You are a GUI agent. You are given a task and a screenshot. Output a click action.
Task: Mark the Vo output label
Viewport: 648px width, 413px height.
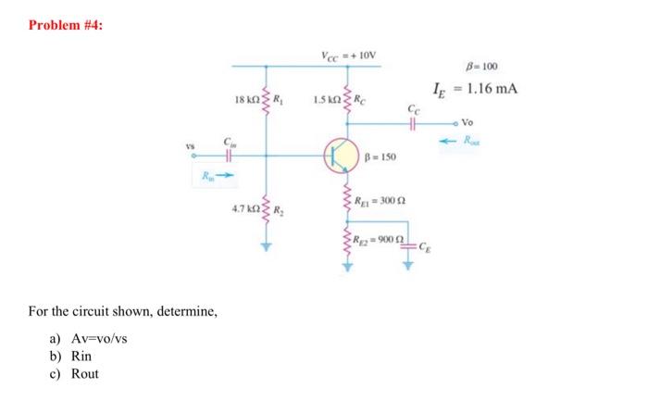click(494, 122)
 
